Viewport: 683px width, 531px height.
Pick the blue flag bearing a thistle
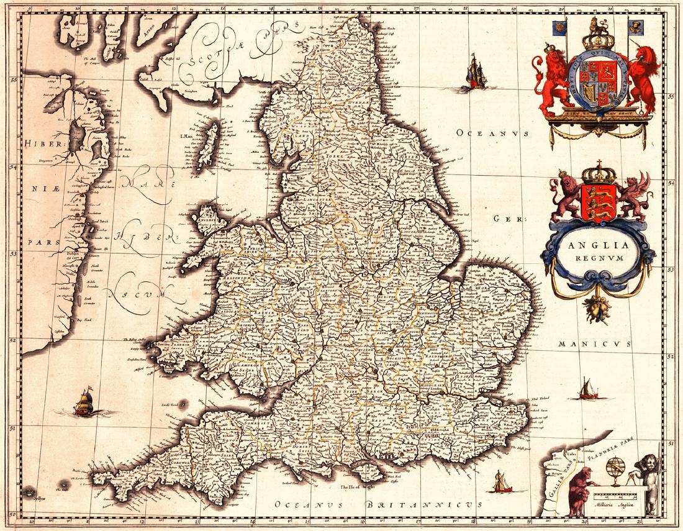[636, 26]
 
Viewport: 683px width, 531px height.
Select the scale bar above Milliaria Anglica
[615, 495]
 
